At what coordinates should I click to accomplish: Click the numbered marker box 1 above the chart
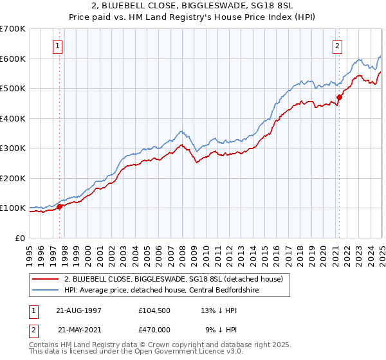tap(59, 46)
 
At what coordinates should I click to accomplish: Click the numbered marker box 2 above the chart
tap(337, 46)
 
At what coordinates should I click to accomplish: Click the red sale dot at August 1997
tap(60, 207)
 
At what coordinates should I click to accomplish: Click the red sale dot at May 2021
tap(339, 98)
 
